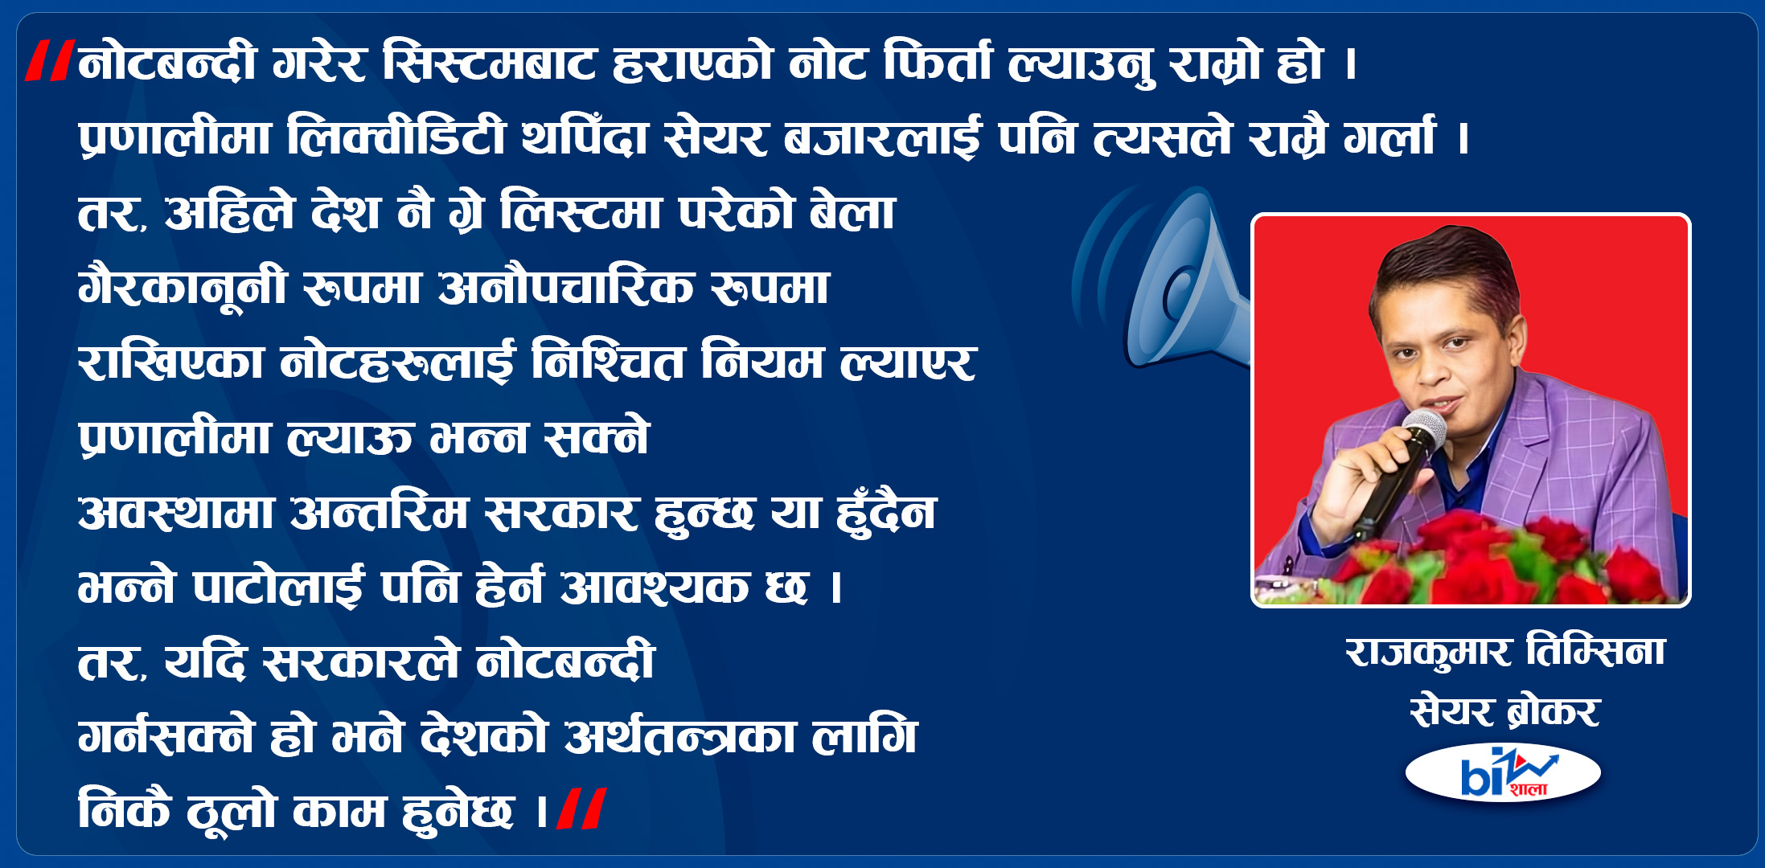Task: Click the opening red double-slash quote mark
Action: [x=50, y=61]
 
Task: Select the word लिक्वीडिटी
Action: [x=396, y=137]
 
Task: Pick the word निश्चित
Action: [x=606, y=362]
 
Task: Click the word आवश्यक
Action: [x=654, y=587]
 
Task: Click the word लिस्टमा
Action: [x=579, y=212]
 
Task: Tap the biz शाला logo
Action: [x=1503, y=773]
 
